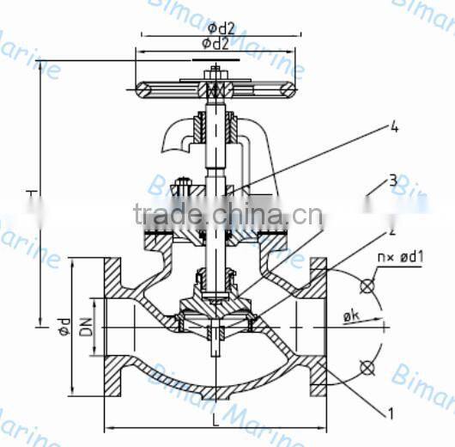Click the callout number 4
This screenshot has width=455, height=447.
394,129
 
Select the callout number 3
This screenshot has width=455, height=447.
392,181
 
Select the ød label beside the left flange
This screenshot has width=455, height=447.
63,327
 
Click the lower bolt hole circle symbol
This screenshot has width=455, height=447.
367,368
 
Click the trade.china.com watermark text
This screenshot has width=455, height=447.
227,214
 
